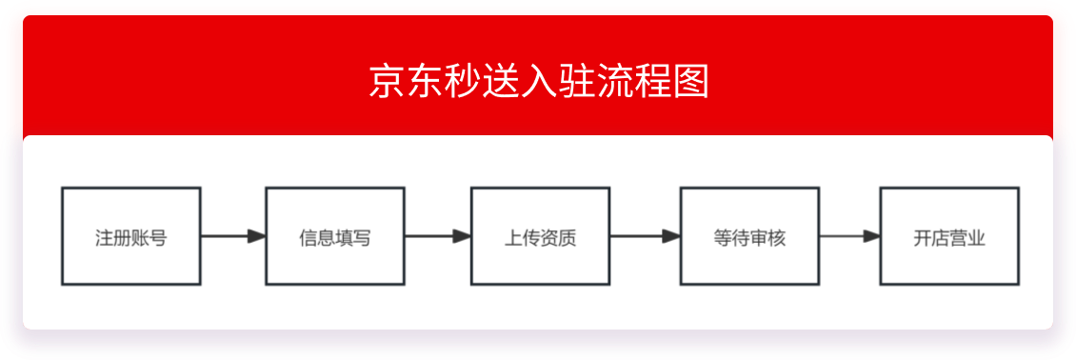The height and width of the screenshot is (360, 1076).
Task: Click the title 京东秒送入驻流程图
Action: [x=538, y=82]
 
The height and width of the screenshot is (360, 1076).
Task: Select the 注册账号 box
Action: [x=131, y=236]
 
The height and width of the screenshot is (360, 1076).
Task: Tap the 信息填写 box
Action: [x=334, y=236]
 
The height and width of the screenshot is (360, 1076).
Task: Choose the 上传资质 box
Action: [x=540, y=236]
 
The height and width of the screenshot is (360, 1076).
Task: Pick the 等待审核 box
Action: [x=749, y=236]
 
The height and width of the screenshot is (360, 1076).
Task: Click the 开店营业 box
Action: [x=949, y=236]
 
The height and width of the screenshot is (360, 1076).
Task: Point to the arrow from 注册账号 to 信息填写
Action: [x=232, y=236]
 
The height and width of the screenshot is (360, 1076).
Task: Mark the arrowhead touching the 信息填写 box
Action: [x=256, y=236]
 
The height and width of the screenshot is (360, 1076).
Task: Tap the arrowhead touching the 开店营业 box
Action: [x=871, y=236]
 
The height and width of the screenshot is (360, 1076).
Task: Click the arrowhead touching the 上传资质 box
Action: [x=462, y=236]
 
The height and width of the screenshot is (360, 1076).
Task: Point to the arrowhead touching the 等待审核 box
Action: [x=671, y=236]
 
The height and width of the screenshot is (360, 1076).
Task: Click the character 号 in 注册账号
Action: [x=158, y=237]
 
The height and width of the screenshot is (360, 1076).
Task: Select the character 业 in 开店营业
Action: [x=976, y=237]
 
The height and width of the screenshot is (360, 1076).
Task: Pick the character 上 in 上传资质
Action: [x=513, y=237]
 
